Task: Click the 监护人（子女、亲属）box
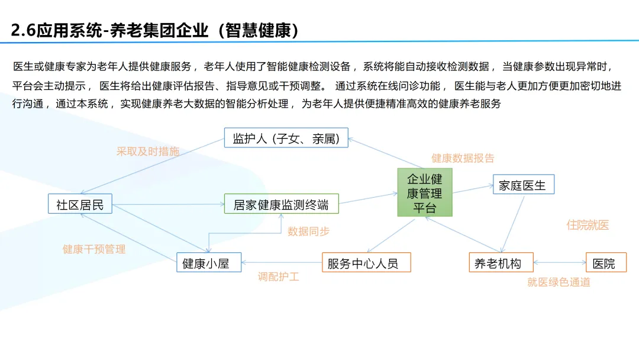tap(286, 138)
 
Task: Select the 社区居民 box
tap(80, 204)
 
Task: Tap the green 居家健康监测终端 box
tap(281, 204)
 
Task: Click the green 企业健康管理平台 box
tap(424, 192)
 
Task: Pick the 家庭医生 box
tap(523, 185)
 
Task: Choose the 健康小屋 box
tap(209, 262)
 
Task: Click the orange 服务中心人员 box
tap(366, 262)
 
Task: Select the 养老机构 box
tap(501, 262)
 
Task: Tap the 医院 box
tap(605, 262)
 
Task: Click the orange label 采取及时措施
tap(148, 152)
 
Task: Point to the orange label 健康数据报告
tap(463, 158)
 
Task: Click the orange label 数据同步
tap(308, 232)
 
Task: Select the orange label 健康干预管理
tap(94, 249)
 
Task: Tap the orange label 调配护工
tap(278, 277)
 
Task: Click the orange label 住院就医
tap(588, 225)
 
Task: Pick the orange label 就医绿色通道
tap(559, 282)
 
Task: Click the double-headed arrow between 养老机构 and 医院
tap(559, 262)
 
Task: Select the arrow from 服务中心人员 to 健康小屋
tap(282, 262)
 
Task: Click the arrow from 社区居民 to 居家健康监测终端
tap(168, 205)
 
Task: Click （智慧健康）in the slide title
tap(258, 30)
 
